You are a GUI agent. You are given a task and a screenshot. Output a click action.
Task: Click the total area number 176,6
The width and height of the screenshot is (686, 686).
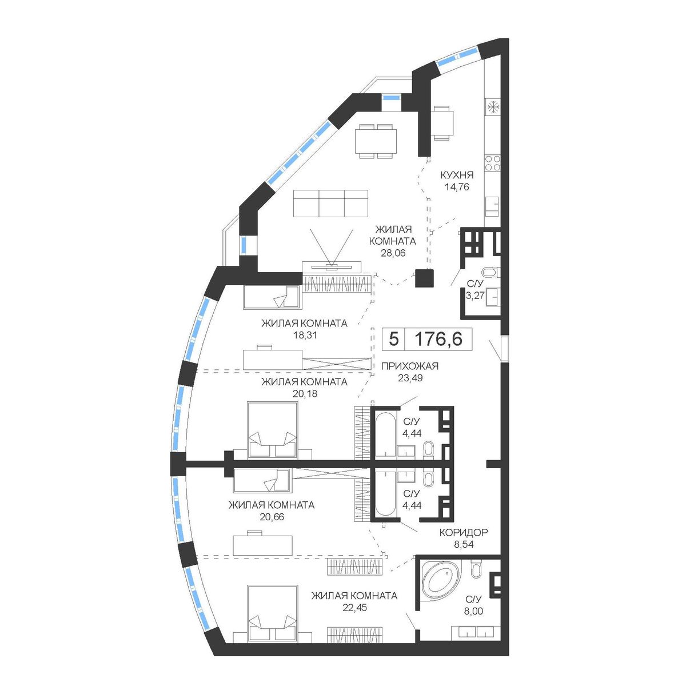[x=438, y=338]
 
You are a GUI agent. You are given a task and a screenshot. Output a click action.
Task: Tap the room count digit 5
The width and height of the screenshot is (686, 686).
[x=393, y=338]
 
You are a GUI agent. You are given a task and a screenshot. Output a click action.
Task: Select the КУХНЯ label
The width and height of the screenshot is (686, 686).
[x=457, y=175]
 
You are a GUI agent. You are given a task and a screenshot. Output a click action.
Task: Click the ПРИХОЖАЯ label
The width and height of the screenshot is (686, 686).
[x=410, y=366]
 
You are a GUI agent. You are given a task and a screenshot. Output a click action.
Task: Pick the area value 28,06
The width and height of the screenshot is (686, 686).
[x=392, y=253]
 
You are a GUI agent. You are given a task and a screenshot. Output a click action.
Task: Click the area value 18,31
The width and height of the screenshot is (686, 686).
[x=304, y=335]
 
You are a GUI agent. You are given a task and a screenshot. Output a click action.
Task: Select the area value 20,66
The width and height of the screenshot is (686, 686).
[x=272, y=517]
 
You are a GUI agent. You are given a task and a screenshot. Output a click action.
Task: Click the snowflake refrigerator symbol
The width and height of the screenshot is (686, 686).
[x=493, y=107]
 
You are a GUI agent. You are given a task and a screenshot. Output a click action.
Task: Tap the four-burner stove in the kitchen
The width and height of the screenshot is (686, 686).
[x=493, y=163]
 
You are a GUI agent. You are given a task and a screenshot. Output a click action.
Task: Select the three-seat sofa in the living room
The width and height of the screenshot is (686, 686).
[x=330, y=203]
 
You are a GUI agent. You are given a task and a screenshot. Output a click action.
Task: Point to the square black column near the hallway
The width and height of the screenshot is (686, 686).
[x=424, y=278]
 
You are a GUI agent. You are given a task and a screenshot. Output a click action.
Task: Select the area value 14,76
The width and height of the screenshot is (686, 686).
[x=457, y=186]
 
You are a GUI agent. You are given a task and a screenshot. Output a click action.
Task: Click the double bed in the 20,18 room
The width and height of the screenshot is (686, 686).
[x=272, y=431]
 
